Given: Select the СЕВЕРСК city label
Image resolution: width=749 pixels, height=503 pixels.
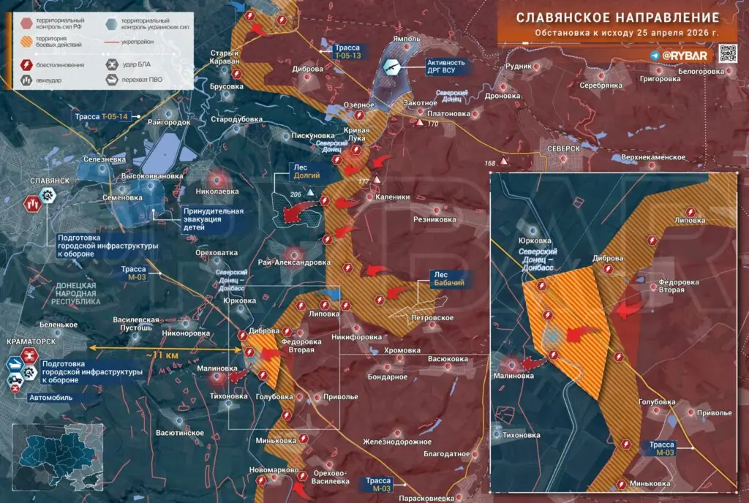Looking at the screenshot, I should pos(562,148).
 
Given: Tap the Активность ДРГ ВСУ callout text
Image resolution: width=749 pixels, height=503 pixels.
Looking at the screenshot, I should pos(446,67).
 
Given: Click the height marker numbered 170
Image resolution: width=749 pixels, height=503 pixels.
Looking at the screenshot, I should pos(432,124).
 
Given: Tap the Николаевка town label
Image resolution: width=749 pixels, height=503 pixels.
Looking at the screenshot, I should pos(217,192).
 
